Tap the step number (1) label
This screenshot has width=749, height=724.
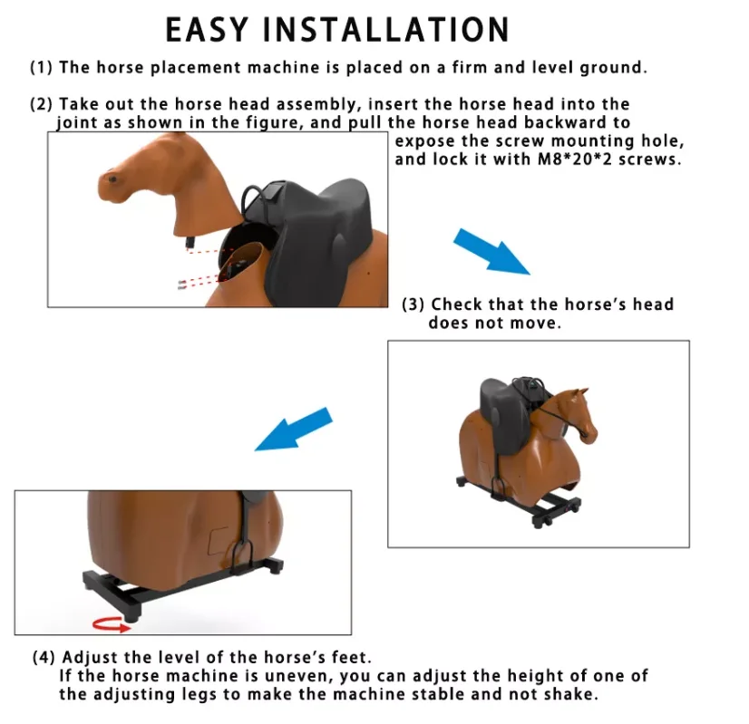pos(42,68)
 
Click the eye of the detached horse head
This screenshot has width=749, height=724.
pos(112,179)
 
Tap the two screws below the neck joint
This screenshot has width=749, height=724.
pos(185,284)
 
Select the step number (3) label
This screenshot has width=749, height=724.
pos(414,304)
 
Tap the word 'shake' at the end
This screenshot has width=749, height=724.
pos(573,695)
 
